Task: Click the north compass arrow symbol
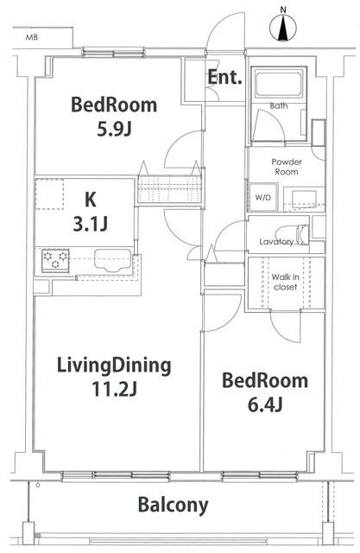285,26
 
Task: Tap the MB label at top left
32,38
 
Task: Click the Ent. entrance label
225,77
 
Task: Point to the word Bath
278,105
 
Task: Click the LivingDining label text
114,365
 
